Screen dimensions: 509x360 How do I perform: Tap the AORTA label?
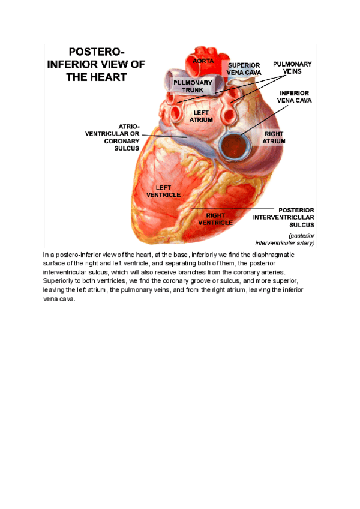tap(203, 61)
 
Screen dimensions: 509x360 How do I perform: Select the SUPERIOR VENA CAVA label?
tap(244, 69)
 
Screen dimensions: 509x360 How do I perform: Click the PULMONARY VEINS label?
tap(292, 67)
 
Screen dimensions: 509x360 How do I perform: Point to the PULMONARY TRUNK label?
tap(193, 86)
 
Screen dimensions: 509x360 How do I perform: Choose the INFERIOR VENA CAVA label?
tap(294, 97)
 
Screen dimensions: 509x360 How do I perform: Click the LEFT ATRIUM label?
tap(202, 116)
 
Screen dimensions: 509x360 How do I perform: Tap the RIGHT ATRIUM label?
tap(274, 137)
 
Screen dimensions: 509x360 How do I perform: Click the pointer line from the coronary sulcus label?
tap(165, 136)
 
